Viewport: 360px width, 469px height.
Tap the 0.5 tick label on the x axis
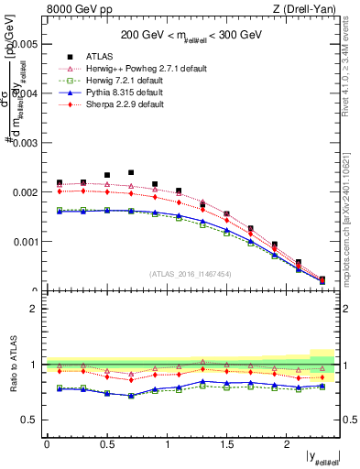106,444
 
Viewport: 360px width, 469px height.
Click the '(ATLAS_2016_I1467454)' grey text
191,273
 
